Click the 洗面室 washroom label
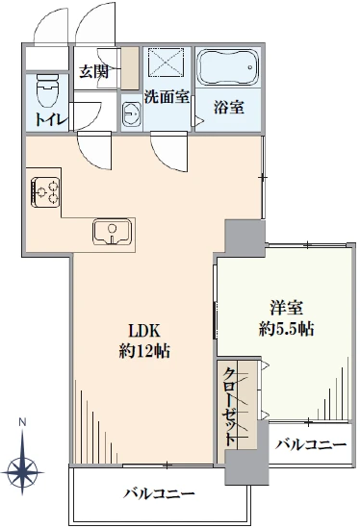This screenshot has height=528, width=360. point(165,96)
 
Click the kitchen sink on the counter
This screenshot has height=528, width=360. point(113,232)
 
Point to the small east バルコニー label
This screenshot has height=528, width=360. point(310,444)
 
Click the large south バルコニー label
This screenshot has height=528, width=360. point(159,494)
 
